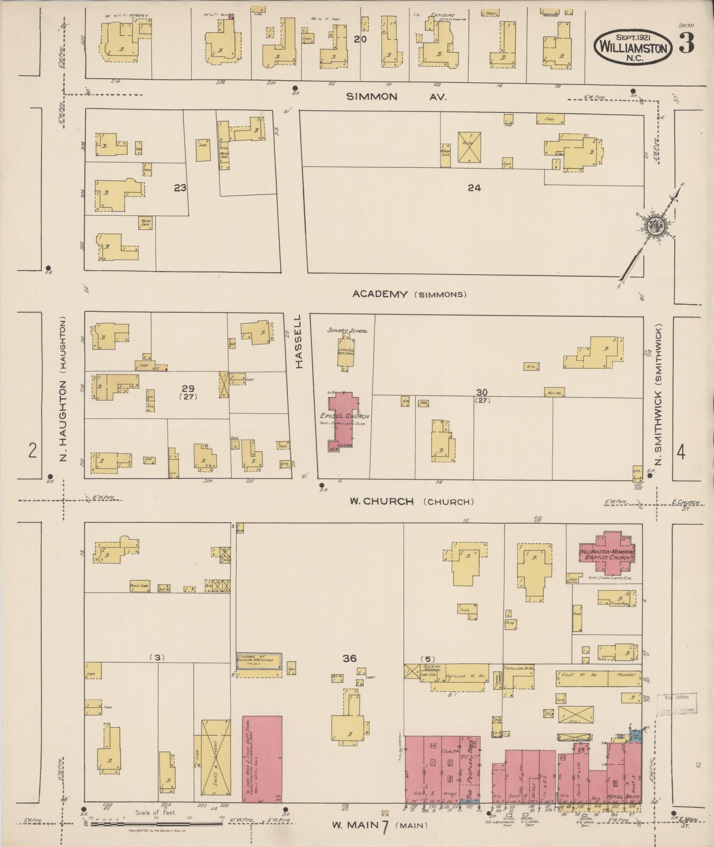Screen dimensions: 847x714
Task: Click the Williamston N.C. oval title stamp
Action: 633,46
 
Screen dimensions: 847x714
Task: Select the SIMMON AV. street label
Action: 396,97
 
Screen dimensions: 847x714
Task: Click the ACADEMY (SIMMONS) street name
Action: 409,294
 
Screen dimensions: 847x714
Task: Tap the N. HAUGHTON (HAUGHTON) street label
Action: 63,388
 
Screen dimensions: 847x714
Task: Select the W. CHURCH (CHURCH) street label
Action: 412,502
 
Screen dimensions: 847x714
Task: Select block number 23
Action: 180,188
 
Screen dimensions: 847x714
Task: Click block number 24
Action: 474,188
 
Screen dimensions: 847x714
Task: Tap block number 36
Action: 349,658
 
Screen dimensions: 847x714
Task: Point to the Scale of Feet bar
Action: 156,823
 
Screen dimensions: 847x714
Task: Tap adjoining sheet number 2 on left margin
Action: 32,451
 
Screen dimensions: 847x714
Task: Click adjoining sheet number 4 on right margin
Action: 681,453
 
